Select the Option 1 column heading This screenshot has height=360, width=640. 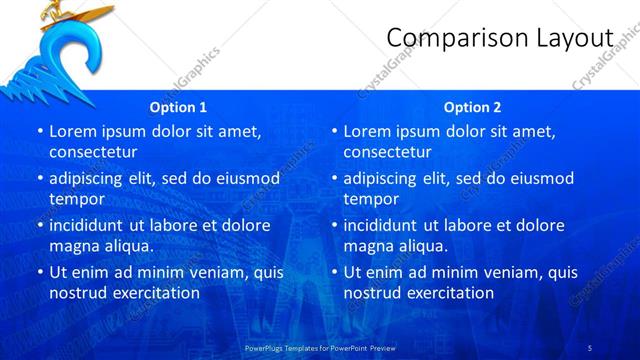pyautogui.click(x=178, y=107)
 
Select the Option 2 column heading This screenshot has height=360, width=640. pyautogui.click(x=473, y=107)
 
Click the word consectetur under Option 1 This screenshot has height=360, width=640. pyautogui.click(x=93, y=152)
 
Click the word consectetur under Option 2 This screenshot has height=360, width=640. pyautogui.click(x=388, y=152)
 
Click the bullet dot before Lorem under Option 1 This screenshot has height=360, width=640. pyautogui.click(x=40, y=131)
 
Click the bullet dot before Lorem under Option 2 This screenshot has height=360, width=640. pyautogui.click(x=335, y=131)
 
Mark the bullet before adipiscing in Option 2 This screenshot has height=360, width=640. pyautogui.click(x=335, y=178)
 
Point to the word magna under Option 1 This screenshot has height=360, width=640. pyautogui.click(x=72, y=246)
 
